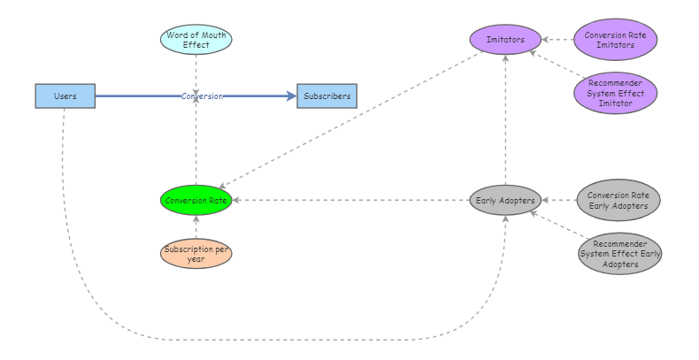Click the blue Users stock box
65,96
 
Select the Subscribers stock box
326,96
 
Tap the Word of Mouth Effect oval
196,40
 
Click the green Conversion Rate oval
196,200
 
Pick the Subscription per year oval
196,253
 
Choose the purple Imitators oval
505,40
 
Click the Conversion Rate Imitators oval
615,40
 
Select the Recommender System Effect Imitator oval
615,93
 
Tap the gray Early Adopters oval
505,200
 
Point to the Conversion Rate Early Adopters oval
618,200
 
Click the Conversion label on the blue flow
202,96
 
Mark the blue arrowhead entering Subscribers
292,96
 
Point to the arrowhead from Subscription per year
196,219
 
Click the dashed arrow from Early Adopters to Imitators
505,124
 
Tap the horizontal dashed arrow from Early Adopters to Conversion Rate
354,200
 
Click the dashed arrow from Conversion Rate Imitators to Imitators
557,40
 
